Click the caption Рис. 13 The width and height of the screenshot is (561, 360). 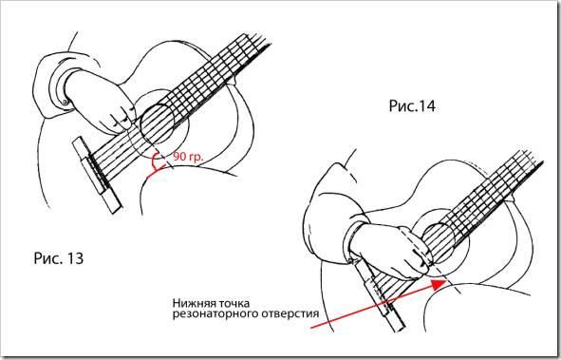[x=59, y=258]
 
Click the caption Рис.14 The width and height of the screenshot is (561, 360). [x=412, y=106]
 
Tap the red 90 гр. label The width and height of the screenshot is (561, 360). [x=188, y=157]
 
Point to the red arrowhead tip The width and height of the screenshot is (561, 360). [x=445, y=281]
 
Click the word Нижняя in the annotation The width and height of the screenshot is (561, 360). [x=194, y=303]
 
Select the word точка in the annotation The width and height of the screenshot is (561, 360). [x=233, y=303]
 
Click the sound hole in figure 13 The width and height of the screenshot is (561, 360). [x=158, y=123]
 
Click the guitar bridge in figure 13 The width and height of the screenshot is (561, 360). [x=98, y=175]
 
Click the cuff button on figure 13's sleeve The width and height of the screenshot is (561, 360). [x=65, y=103]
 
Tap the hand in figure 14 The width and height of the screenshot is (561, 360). [x=393, y=251]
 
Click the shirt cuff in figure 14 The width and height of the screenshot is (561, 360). [x=352, y=240]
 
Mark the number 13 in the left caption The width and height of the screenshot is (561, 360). [x=75, y=258]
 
